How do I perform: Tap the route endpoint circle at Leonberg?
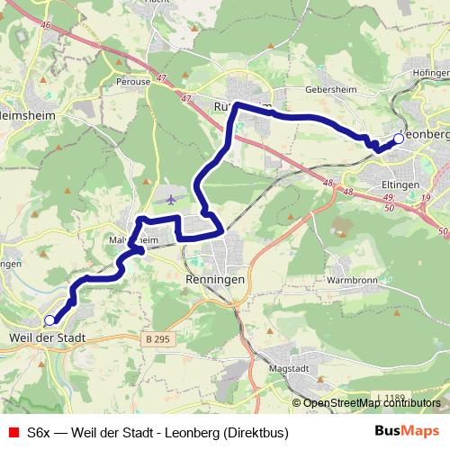click(x=399, y=139)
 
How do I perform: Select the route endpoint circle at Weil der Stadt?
click(x=49, y=319)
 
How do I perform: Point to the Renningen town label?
click(x=216, y=280)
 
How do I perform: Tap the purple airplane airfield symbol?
click(x=172, y=198)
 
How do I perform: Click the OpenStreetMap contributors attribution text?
click(x=371, y=403)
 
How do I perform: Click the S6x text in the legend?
click(x=39, y=433)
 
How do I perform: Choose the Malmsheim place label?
click(x=135, y=240)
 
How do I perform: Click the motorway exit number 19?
click(x=426, y=197)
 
